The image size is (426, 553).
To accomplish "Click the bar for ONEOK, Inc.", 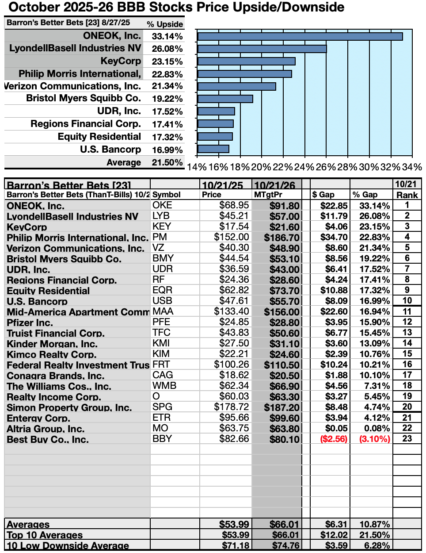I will [300, 36].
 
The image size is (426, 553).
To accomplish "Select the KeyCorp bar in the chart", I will [246, 61].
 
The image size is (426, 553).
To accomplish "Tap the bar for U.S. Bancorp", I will [213, 149].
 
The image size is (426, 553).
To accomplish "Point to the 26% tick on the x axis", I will [326, 167].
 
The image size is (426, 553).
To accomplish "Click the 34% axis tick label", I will [411, 167].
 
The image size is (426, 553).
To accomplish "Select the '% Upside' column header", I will [165, 24].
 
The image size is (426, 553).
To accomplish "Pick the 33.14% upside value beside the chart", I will [167, 36].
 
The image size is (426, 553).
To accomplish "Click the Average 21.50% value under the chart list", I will [167, 162].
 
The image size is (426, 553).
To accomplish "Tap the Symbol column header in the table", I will [167, 195].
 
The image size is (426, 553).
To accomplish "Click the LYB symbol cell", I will [161, 216].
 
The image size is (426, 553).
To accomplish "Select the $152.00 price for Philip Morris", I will [232, 237].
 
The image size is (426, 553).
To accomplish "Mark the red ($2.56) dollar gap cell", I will [334, 439].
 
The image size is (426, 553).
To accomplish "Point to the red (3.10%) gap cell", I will [375, 439].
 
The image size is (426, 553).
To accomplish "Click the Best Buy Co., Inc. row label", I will [48, 439].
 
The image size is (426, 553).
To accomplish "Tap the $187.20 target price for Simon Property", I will [281, 407].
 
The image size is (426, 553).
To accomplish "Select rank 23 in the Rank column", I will [407, 438].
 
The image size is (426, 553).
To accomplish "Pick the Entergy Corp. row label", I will [38, 418].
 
